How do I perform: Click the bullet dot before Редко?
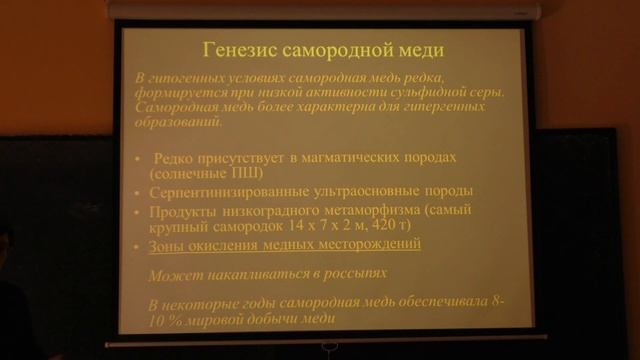[x=140, y=159]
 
